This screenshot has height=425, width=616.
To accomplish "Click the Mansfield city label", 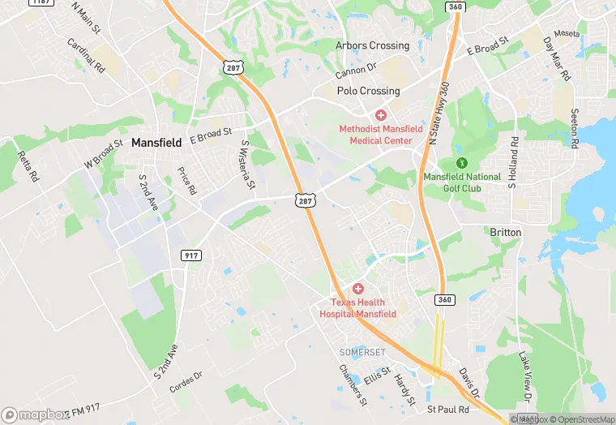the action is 156,142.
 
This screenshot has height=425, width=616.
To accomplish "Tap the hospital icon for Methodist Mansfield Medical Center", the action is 380,116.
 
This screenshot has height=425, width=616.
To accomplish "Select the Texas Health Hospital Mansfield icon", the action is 357,290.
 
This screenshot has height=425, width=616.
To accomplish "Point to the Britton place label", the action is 506,232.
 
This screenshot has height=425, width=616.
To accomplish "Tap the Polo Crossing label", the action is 369,92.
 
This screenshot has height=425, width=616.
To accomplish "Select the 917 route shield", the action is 191,255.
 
